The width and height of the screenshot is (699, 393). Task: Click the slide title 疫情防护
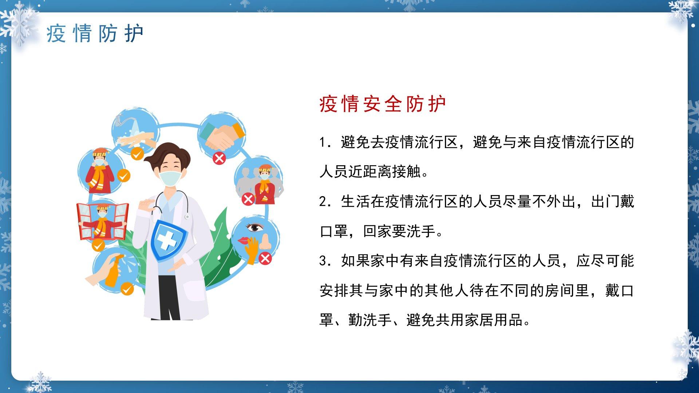coord(95,34)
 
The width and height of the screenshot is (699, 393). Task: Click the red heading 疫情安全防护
coord(383,104)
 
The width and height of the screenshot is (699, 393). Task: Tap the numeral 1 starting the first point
coord(322,142)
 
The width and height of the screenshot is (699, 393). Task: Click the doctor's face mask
coord(170,178)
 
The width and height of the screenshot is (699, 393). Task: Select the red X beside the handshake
coord(219,158)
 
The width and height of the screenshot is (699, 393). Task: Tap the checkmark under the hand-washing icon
coord(137,154)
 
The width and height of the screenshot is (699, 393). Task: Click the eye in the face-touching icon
coord(255,228)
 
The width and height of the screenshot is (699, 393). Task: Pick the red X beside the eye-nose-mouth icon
coord(265,258)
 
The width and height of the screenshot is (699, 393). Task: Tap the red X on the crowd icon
coord(248,199)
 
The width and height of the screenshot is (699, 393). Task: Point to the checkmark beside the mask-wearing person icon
coord(124,176)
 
